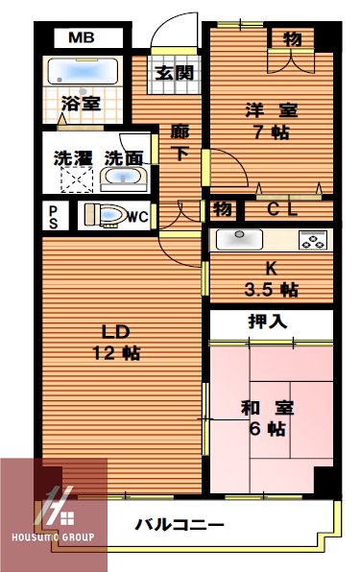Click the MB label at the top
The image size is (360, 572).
80,39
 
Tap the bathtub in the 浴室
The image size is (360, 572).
81,72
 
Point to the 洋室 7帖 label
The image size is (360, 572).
263,121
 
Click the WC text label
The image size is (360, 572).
136,217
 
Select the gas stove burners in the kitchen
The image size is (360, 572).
313,239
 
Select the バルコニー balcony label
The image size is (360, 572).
180,525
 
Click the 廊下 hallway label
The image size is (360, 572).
180,141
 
